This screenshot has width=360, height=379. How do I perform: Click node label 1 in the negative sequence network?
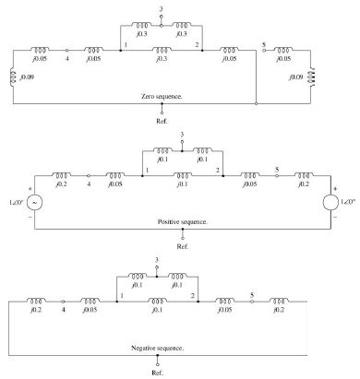pos(120,296)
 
